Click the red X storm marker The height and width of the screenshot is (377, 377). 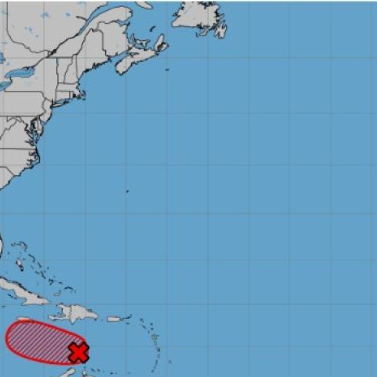78,352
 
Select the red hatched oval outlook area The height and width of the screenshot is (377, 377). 38,341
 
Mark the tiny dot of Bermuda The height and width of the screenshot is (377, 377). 127,192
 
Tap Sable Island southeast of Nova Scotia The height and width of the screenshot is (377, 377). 167,69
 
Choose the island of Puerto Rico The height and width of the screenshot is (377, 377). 114,319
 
